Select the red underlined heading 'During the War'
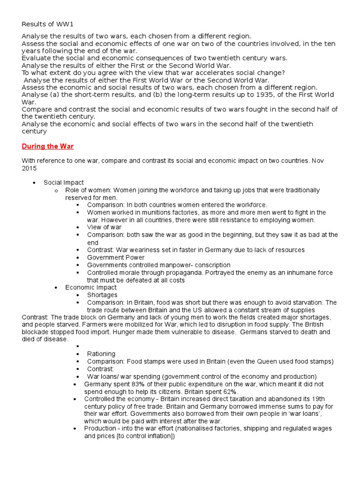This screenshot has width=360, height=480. click(x=48, y=146)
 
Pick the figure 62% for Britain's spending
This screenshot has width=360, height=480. click(x=230, y=391)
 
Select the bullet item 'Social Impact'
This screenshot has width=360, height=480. click(x=64, y=182)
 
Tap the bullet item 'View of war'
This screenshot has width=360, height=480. click(x=104, y=227)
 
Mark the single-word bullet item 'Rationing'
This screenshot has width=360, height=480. click(x=101, y=354)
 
